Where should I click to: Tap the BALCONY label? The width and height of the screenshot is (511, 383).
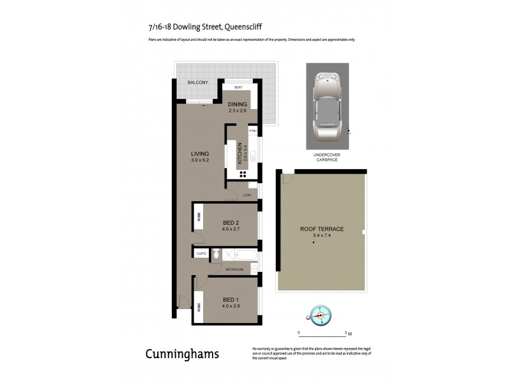click(197, 83)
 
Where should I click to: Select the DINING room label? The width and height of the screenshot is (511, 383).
click(237, 105)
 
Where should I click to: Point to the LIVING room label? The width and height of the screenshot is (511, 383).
click(200, 154)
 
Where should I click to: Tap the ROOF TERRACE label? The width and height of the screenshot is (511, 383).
click(322, 229)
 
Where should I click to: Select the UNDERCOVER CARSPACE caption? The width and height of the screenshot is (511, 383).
click(326, 158)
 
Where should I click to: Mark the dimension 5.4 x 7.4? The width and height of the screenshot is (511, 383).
click(322, 236)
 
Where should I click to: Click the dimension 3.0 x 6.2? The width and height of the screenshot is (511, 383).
click(200, 160)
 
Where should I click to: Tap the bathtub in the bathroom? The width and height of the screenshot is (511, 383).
click(246, 255)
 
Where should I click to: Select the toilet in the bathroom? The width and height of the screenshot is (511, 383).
click(217, 255)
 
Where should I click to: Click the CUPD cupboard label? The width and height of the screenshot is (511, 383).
click(201, 253)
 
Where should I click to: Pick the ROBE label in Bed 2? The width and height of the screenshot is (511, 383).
click(198, 216)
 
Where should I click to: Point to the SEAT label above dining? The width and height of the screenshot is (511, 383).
click(238, 87)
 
